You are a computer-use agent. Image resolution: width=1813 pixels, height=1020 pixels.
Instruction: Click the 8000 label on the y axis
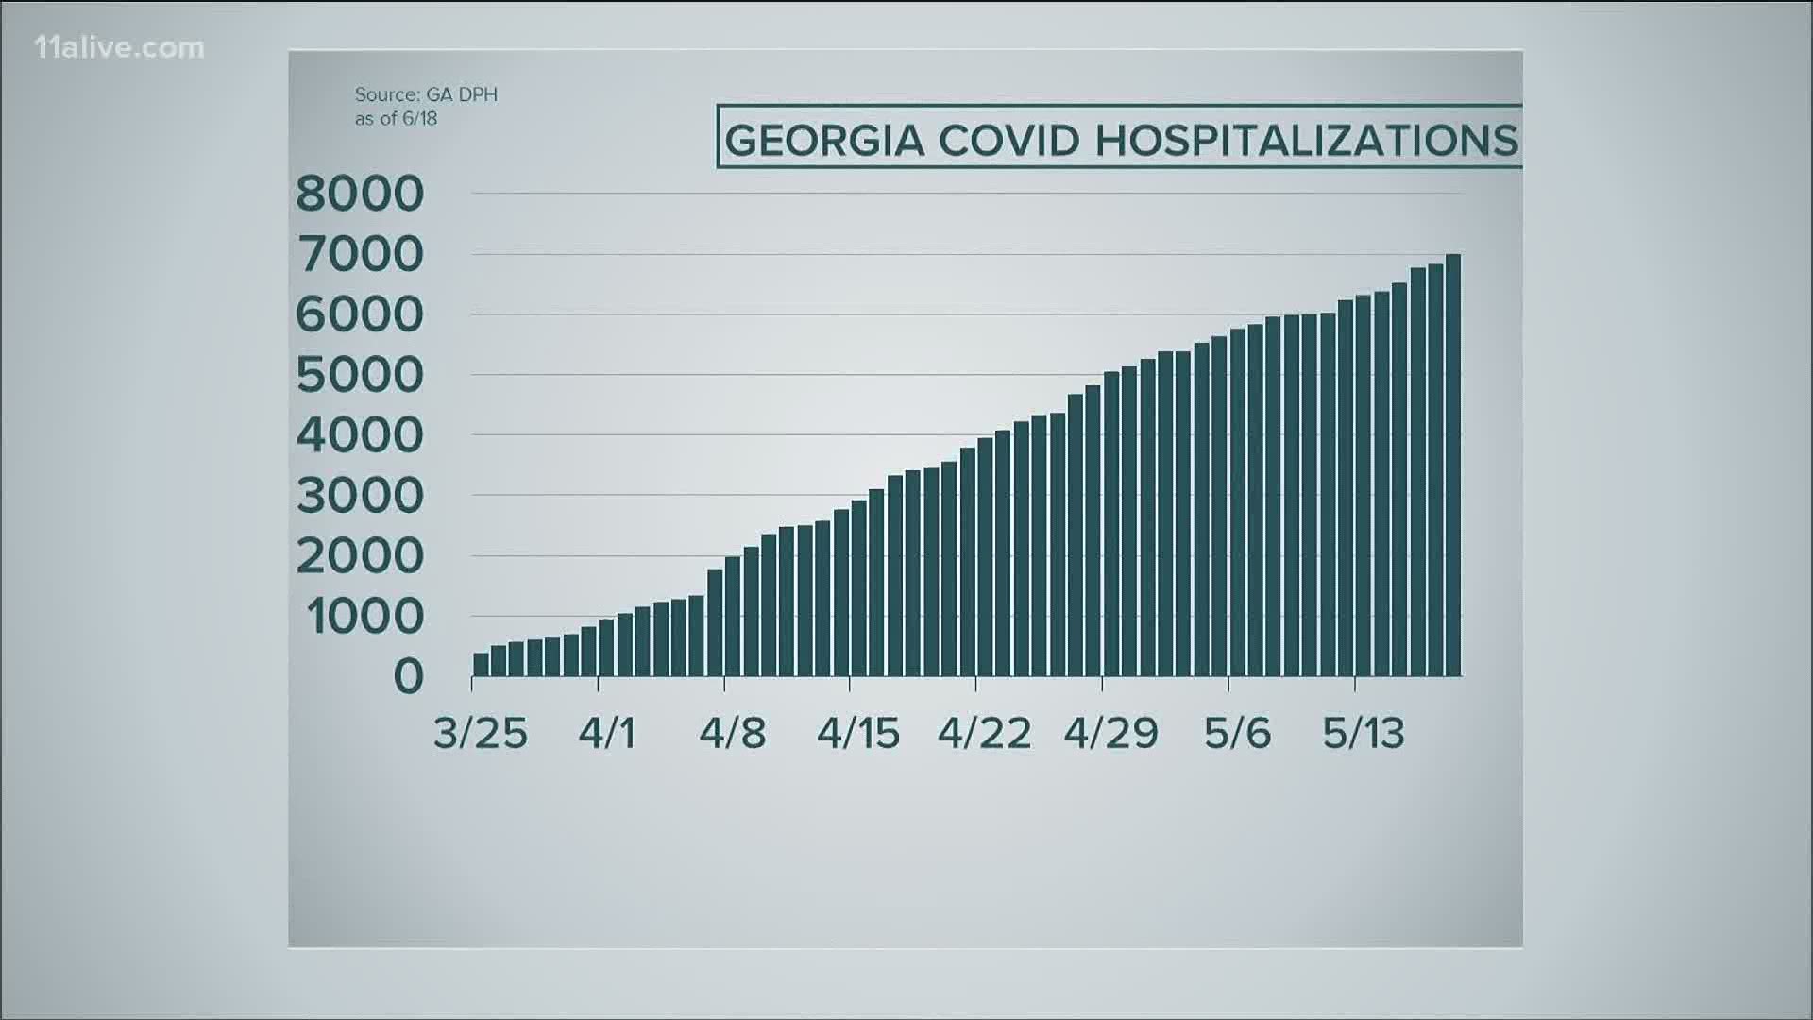click(360, 195)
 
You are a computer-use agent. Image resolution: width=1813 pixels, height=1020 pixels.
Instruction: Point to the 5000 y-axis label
click(360, 376)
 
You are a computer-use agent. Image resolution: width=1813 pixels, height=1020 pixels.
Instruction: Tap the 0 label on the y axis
click(409, 677)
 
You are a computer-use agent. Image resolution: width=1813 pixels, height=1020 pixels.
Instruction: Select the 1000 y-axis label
click(364, 618)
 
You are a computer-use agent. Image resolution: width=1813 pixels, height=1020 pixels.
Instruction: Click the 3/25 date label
click(480, 734)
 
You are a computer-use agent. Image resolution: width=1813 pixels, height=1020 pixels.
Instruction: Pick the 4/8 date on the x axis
click(732, 734)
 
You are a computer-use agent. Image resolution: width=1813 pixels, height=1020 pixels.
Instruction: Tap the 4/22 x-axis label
click(984, 734)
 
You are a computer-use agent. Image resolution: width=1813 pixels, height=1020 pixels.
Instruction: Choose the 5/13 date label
click(1363, 734)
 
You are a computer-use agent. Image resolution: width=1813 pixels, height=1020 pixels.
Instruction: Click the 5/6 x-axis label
click(1237, 734)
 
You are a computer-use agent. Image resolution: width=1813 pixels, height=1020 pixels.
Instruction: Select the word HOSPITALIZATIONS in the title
click(1306, 142)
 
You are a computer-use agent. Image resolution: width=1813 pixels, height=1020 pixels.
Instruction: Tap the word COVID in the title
click(1008, 142)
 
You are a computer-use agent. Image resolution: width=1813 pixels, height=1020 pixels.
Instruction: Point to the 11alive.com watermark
click(119, 48)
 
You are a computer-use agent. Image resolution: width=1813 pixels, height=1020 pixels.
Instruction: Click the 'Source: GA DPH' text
click(426, 94)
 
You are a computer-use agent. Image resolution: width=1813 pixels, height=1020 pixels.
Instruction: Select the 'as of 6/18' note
click(396, 119)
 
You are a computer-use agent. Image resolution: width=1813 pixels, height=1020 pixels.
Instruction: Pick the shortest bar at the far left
click(481, 664)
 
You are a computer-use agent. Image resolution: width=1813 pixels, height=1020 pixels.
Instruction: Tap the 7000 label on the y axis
click(360, 255)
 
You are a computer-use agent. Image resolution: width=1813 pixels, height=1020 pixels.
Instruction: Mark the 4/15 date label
click(857, 734)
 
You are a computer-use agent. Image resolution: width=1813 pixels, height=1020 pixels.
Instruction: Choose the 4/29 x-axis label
click(1110, 734)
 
